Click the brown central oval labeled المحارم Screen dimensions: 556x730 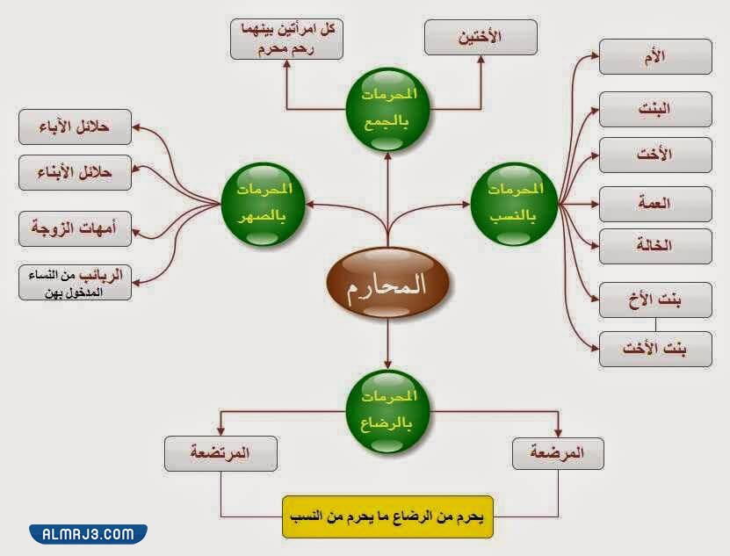pyautogui.click(x=387, y=285)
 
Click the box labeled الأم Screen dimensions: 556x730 pyautogui.click(x=655, y=57)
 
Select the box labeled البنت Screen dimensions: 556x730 pyautogui.click(x=655, y=109)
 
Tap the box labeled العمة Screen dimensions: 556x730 pyautogui.click(x=655, y=203)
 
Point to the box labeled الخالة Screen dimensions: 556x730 pyautogui.click(x=655, y=246)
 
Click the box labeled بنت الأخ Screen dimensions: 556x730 pyautogui.click(x=655, y=300)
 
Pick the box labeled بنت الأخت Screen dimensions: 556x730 pyautogui.click(x=655, y=349)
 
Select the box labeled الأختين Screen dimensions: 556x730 pyautogui.click(x=481, y=39)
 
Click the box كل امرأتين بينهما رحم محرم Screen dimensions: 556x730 pyautogui.click(x=287, y=40)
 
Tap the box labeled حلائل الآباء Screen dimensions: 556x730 pyautogui.click(x=75, y=126)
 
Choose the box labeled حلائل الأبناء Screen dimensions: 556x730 pyautogui.click(x=75, y=173)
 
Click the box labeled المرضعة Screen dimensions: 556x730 pyautogui.click(x=559, y=453)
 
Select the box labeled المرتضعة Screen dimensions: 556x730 pyautogui.click(x=220, y=453)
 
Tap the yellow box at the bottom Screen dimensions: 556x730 pyautogui.click(x=387, y=517)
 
